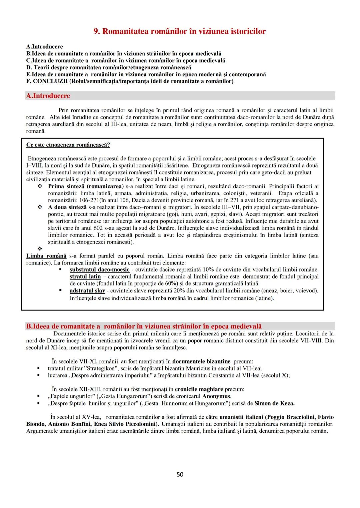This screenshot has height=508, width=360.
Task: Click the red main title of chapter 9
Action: (x=180, y=31)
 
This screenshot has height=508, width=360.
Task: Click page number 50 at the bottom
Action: (x=180, y=474)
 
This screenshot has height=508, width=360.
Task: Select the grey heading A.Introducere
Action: (x=48, y=96)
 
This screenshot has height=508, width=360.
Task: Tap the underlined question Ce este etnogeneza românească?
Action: (x=68, y=145)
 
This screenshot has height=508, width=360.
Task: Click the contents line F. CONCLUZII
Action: (x=130, y=81)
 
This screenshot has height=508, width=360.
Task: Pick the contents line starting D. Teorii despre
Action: (x=108, y=67)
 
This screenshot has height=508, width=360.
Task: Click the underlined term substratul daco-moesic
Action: (x=99, y=269)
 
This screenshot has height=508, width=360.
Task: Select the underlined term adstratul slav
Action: (x=87, y=290)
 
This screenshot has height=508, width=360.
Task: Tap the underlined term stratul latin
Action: (x=85, y=276)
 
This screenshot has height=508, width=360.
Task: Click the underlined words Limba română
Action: (x=46, y=256)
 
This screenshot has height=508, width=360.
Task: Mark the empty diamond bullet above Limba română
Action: (x=40, y=249)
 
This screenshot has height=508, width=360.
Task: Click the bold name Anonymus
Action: (x=216, y=396)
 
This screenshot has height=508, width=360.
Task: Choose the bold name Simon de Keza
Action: (x=274, y=403)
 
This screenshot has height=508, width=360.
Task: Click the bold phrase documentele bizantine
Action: (x=201, y=361)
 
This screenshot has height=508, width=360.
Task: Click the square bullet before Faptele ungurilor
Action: (x=39, y=396)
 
